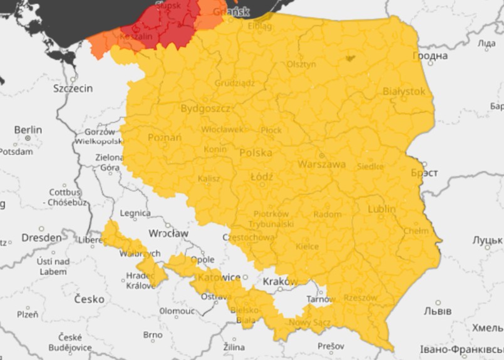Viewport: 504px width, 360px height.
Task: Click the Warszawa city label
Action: (322, 165)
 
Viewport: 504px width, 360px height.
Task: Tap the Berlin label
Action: (28, 130)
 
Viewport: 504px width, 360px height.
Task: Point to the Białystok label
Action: (404, 91)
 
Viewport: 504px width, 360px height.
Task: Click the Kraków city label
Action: (280, 281)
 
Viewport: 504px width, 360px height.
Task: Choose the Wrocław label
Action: (168, 233)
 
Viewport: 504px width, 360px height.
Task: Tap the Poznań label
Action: (165, 137)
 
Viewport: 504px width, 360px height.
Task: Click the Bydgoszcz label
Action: (206, 108)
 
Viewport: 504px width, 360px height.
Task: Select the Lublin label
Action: (382, 208)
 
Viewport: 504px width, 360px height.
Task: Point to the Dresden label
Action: (42, 238)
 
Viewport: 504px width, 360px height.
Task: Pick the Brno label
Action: (152, 335)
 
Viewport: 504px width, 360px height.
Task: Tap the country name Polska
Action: (255, 153)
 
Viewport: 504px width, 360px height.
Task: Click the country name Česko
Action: (90, 299)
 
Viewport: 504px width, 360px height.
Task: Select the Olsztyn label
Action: (302, 64)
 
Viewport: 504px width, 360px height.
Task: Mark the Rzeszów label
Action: (361, 298)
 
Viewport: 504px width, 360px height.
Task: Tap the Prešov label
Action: (331, 346)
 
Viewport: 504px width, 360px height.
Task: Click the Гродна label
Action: (430, 56)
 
